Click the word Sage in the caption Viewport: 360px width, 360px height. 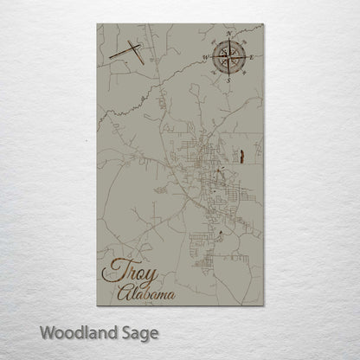click(139, 332)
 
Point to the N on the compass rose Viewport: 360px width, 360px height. click(228, 35)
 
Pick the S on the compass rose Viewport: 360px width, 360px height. click(228, 80)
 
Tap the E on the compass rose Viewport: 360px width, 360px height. click(252, 57)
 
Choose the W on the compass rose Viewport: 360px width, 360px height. click(206, 58)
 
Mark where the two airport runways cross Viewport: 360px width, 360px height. click(134, 51)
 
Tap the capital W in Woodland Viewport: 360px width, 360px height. click(46, 331)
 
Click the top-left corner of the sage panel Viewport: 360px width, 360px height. click(98, 24)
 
